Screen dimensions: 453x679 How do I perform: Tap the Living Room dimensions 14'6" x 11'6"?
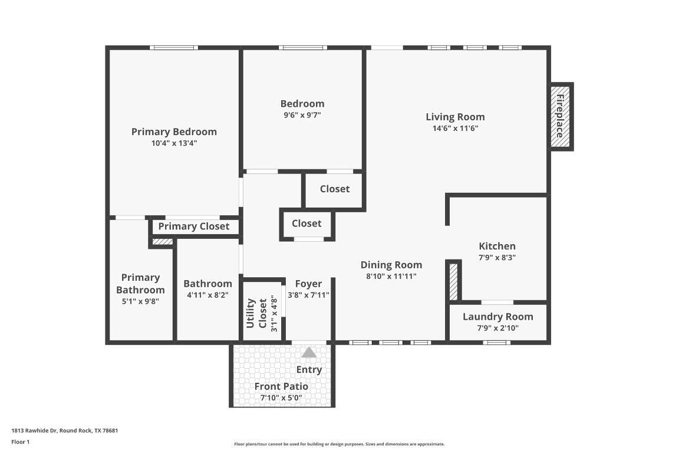tap(455, 129)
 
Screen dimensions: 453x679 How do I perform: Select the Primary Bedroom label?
tap(174, 132)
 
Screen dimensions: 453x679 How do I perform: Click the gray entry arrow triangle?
tap(309, 353)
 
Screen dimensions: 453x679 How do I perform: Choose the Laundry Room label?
tap(497, 317)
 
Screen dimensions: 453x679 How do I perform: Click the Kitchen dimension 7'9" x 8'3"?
tap(497, 257)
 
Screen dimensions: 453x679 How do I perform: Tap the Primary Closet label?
tap(194, 226)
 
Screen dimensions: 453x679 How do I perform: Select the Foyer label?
tap(308, 284)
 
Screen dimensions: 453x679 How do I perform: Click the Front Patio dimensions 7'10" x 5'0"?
tap(281, 398)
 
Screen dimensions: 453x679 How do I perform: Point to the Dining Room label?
tap(391, 265)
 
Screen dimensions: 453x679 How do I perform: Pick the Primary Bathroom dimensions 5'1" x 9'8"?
tap(140, 301)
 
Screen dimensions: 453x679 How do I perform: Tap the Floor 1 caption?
tap(20, 442)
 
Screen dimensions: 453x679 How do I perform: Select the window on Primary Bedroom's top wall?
tap(173, 48)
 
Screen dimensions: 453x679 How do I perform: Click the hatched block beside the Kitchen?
tap(453, 282)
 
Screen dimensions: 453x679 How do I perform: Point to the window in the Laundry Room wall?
tap(496, 342)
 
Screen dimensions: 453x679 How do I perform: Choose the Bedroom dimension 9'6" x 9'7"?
tap(302, 115)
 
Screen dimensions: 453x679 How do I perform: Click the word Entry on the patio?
tap(309, 370)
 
